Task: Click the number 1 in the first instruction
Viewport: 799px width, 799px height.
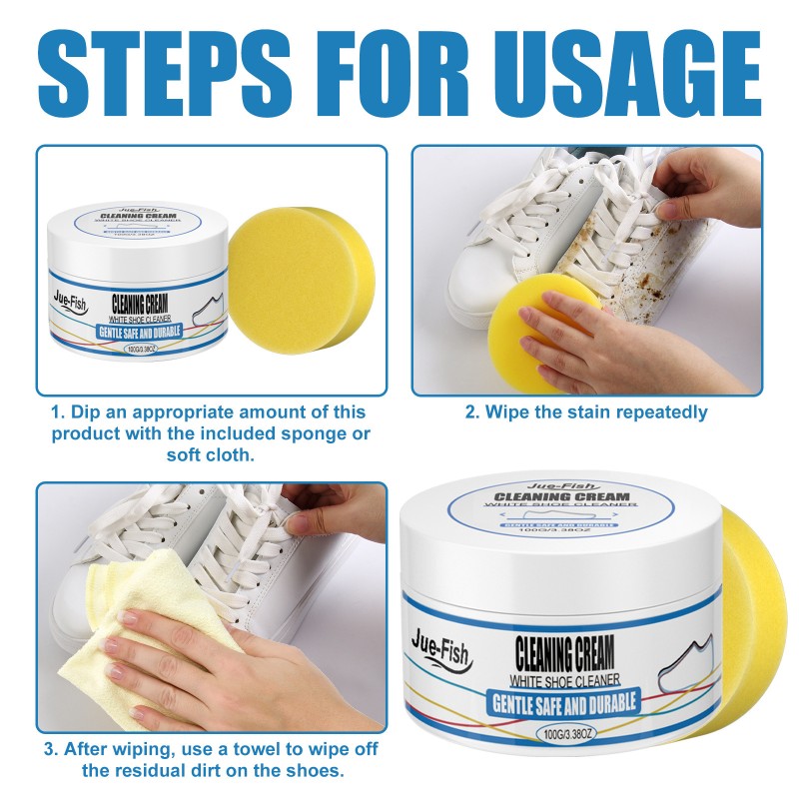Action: (x=56, y=412)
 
